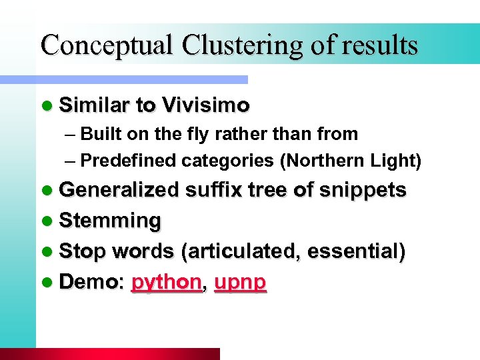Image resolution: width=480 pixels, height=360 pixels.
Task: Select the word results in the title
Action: tap(380, 45)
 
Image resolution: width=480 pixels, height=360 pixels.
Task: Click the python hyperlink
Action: tap(166, 283)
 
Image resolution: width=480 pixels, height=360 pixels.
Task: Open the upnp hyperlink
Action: tap(241, 283)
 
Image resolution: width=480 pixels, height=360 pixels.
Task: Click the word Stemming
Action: tap(110, 221)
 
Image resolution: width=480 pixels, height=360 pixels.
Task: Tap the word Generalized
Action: tap(119, 190)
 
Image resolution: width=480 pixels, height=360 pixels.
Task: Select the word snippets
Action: tap(363, 190)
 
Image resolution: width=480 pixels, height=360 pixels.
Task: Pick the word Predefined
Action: tap(129, 161)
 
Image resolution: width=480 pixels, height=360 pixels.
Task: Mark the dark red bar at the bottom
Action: tap(110, 354)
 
